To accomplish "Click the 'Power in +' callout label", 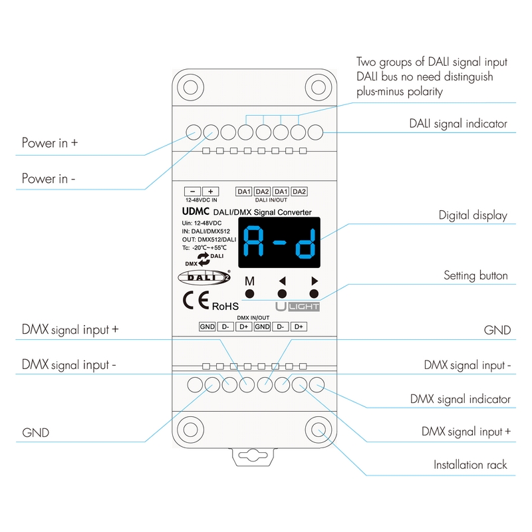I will pos(50,143).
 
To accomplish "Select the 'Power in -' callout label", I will pos(49,179).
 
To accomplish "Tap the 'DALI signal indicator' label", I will pos(458,124).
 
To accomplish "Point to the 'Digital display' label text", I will pos(472,215).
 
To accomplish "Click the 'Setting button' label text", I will pos(475,275).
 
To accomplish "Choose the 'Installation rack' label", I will pos(470,465).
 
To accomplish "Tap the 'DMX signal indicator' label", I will pos(460,399).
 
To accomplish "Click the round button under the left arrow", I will pos(282,294).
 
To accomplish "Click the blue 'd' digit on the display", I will pos(305,243).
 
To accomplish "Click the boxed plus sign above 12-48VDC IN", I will pos(209,191).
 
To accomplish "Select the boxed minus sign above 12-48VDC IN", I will pos(192,191).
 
